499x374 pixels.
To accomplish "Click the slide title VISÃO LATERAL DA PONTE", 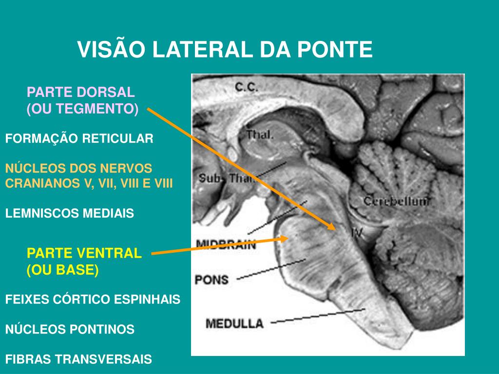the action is click(x=225, y=50).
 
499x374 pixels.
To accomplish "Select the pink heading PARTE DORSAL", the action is click(x=80, y=92).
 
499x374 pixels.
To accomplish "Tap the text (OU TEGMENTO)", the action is click(x=82, y=109).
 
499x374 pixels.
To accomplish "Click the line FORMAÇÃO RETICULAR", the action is click(x=79, y=139).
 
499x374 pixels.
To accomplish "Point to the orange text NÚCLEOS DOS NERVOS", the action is click(x=78, y=168).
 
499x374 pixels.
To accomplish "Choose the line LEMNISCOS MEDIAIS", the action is click(x=69, y=213).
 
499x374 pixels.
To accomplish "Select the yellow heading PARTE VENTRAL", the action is click(x=84, y=253).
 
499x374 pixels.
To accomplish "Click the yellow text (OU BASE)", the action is click(x=63, y=270).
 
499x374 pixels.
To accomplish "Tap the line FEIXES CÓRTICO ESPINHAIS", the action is click(x=93, y=299).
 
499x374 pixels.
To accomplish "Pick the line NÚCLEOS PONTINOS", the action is click(x=70, y=330).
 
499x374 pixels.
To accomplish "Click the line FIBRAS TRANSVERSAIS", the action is click(x=78, y=360).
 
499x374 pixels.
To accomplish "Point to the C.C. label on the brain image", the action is click(x=247, y=87).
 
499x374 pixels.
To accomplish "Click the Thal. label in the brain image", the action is click(x=260, y=135).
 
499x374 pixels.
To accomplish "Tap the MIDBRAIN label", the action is click(x=226, y=244).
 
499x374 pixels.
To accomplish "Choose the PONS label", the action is click(x=211, y=280).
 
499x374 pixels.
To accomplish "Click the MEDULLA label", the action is click(x=234, y=322).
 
